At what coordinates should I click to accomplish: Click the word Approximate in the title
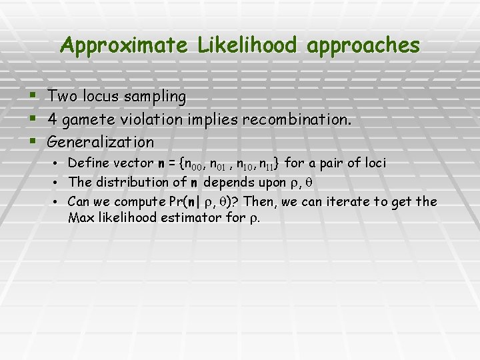coord(124,45)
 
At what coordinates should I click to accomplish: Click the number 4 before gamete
coord(52,120)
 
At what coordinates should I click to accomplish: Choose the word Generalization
coord(101,143)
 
